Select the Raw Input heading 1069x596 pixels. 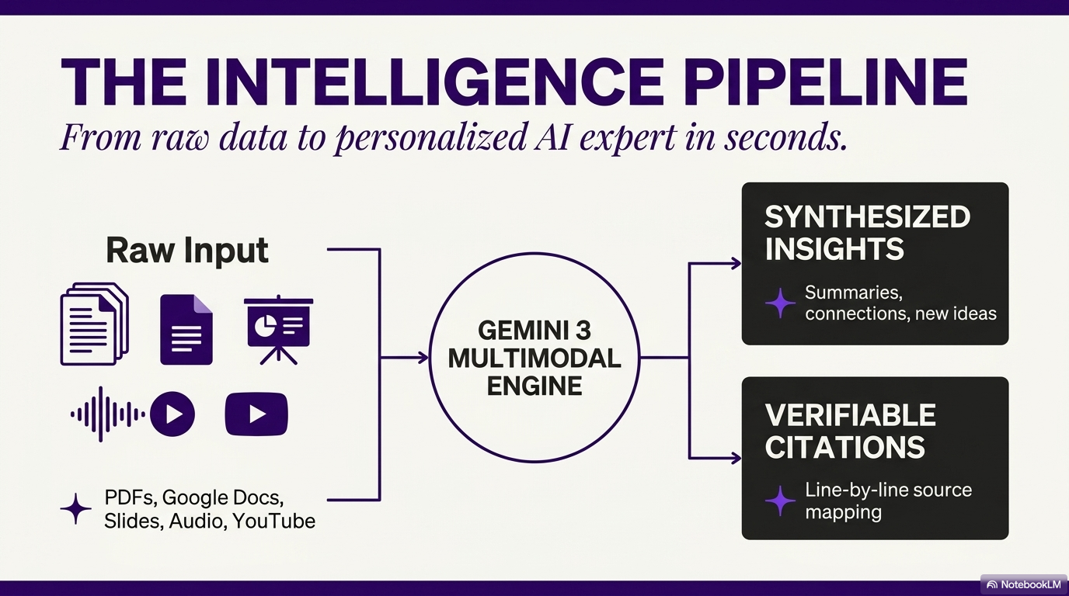tap(187, 251)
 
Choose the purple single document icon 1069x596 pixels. tap(186, 330)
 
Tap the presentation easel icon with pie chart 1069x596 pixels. tap(278, 329)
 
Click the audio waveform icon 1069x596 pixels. tap(107, 414)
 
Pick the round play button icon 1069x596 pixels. tap(172, 414)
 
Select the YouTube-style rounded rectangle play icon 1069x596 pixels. tap(256, 414)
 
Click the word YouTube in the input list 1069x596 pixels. tap(273, 521)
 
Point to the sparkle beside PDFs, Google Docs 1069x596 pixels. tap(76, 508)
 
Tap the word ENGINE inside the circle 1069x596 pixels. tap(534, 386)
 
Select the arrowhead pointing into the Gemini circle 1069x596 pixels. tap(423, 358)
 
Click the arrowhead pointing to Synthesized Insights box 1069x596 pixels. tap(736, 264)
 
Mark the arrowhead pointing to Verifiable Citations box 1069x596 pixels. tap(736, 458)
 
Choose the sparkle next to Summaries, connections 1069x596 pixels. tap(780, 303)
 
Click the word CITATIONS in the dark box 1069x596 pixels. tap(844, 448)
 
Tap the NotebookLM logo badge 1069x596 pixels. tap(1023, 584)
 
